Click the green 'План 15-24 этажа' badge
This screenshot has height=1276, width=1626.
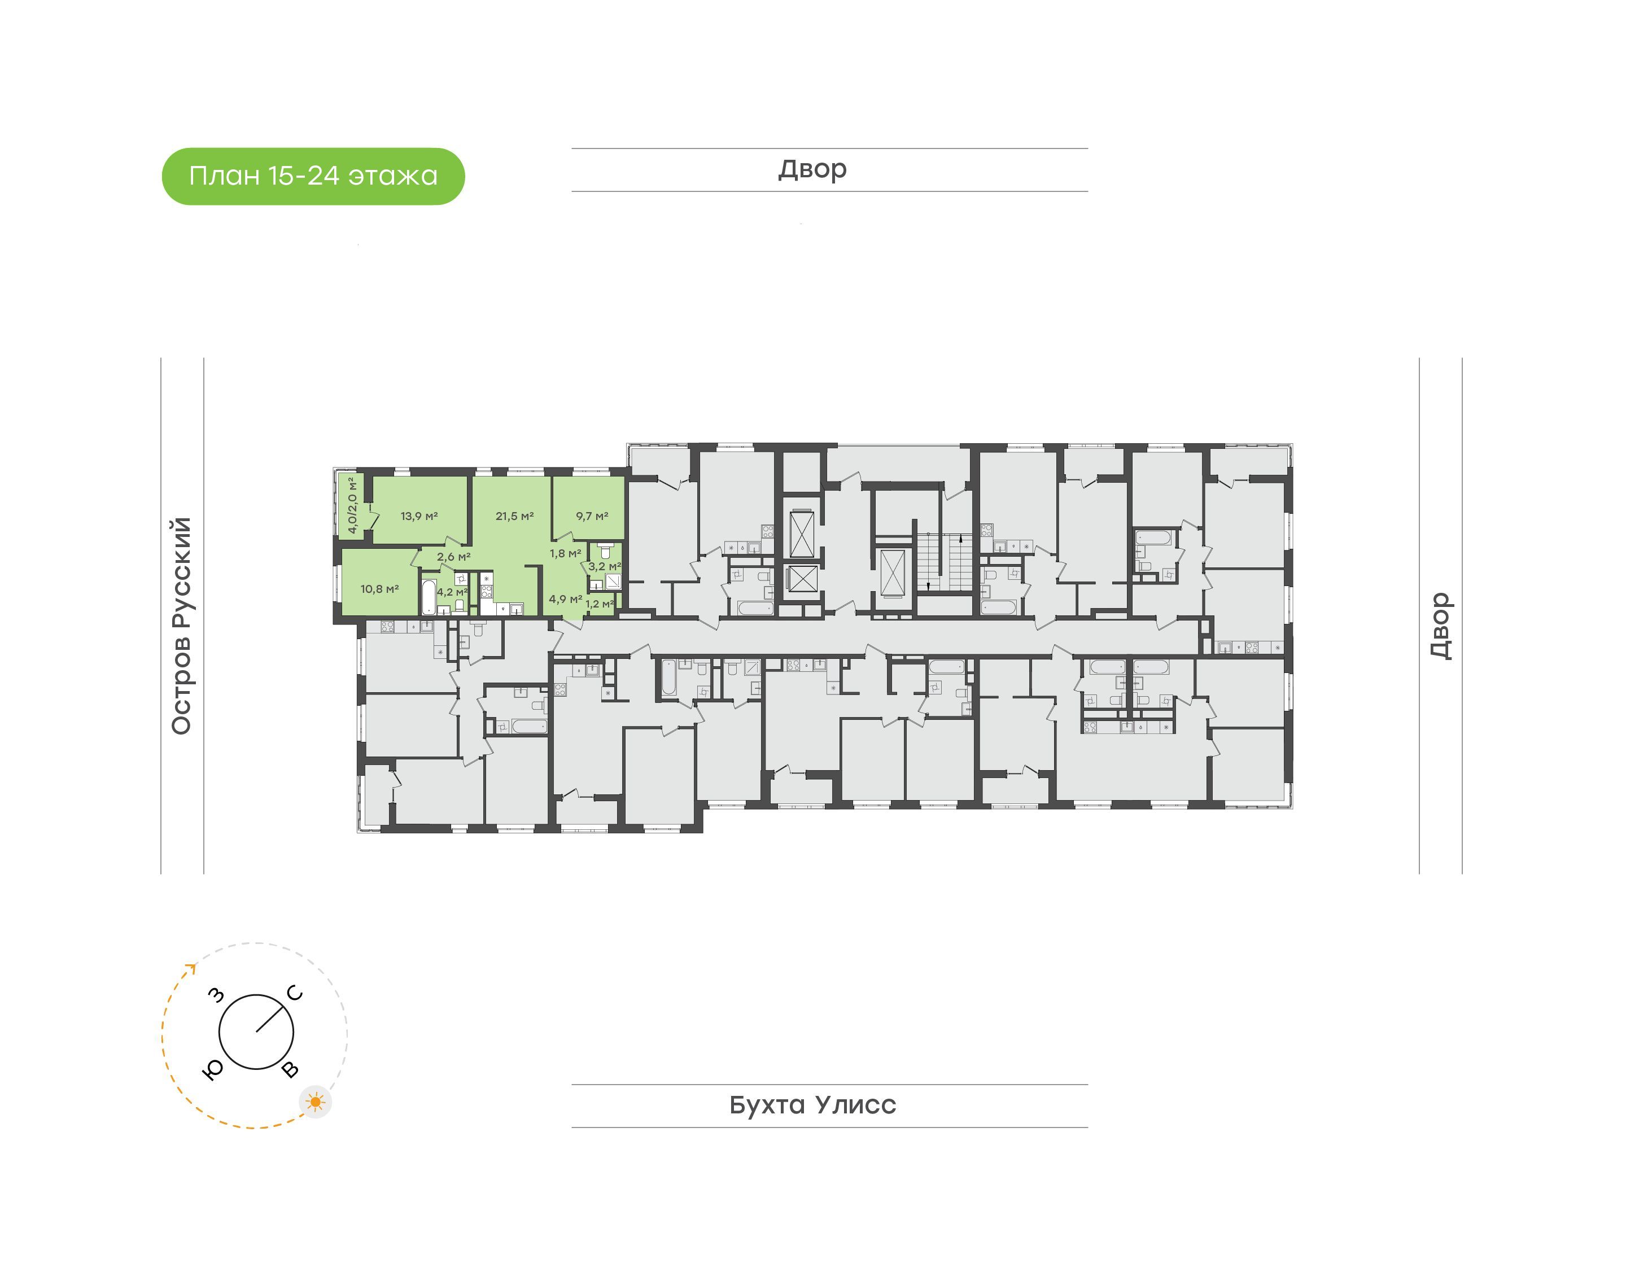point(313,176)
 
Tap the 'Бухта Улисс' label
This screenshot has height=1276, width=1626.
point(812,1104)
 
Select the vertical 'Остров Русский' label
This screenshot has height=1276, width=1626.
point(181,626)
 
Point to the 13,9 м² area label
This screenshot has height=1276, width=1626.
point(419,515)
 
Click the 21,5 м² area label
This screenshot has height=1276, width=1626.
point(514,515)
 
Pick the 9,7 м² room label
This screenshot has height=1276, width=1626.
point(592,515)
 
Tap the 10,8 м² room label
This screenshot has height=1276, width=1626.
point(379,589)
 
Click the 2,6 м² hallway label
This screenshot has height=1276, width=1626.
point(453,557)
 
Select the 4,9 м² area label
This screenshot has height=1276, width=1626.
point(565,598)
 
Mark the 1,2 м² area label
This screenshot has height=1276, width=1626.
point(600,604)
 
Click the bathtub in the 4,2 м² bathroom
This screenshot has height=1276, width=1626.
point(428,597)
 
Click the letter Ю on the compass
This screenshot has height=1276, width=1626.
point(213,1070)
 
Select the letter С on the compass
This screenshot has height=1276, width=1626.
point(295,993)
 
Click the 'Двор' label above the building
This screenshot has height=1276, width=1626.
point(812,169)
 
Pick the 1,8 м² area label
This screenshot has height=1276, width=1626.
point(565,553)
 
